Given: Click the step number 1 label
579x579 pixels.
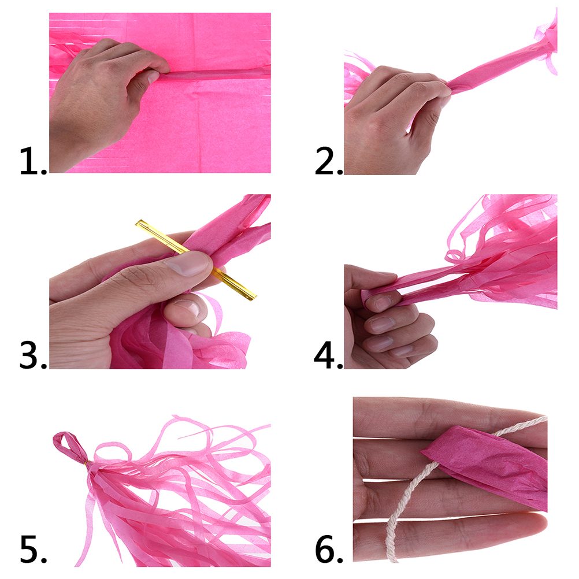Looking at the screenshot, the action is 34,161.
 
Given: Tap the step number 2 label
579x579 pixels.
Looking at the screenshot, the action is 329,161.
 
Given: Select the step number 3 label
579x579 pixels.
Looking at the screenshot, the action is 34,355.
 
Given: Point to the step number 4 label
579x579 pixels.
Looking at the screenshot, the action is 328,355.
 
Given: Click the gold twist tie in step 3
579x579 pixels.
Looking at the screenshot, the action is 196,260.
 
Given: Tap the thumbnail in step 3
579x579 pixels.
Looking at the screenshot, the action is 187,263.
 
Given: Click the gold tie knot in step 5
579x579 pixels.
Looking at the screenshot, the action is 87,464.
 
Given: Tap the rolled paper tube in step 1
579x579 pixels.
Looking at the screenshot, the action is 214,74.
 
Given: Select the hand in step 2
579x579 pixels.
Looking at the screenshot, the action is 391,118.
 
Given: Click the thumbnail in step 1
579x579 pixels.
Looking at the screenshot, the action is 153,77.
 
